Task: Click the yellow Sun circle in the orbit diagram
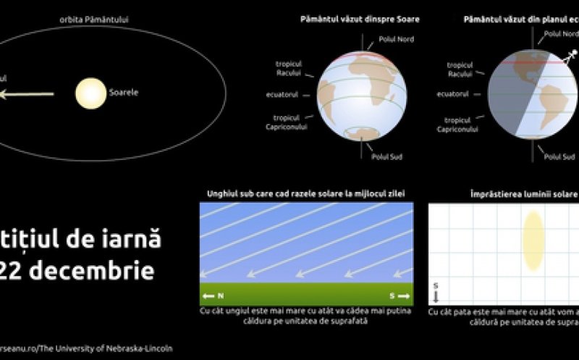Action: (90, 93)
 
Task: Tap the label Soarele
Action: (124, 93)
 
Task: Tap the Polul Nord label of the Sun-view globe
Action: (397, 39)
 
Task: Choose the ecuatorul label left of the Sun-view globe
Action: (295, 93)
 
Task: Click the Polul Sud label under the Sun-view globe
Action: (386, 156)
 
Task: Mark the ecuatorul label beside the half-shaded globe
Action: (453, 93)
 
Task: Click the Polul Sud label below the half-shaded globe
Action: (559, 156)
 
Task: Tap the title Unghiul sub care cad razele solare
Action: (305, 193)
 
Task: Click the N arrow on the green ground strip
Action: (214, 296)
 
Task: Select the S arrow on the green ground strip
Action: (399, 296)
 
